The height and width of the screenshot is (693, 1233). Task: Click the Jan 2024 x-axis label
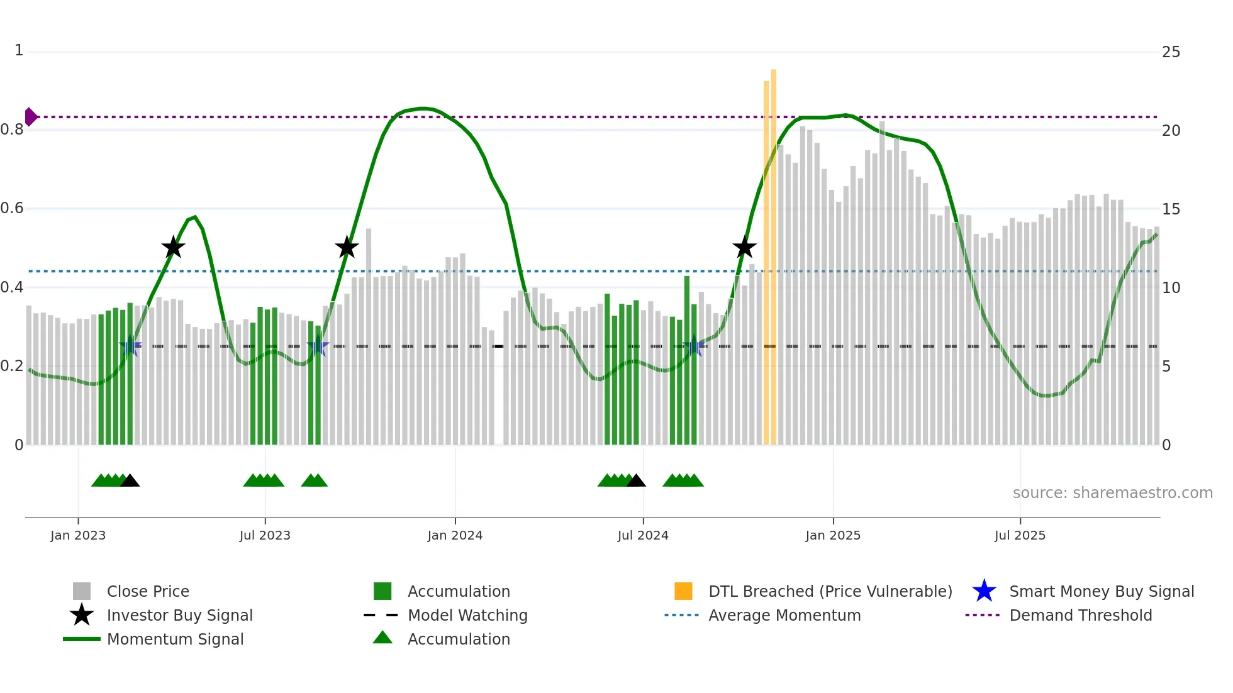point(455,535)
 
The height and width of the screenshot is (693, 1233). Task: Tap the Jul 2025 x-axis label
point(1020,535)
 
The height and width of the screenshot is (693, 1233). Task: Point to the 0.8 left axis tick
point(12,130)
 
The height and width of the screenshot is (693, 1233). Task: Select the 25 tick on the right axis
point(1171,52)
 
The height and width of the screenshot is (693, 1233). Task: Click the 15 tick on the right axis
point(1171,209)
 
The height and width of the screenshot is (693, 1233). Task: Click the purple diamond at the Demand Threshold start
point(30,117)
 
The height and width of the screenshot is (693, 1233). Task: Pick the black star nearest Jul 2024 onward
point(744,247)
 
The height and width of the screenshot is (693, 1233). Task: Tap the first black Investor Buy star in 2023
point(173,247)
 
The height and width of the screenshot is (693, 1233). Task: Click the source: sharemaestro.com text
point(1112,492)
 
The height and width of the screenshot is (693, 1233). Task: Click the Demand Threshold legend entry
point(1080,615)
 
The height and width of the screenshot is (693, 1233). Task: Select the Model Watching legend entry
point(467,615)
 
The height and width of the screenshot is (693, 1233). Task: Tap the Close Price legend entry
point(147,591)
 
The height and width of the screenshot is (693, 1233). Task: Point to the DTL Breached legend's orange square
point(683,591)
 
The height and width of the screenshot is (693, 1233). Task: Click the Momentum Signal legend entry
point(175,639)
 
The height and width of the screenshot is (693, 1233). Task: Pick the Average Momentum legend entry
point(784,615)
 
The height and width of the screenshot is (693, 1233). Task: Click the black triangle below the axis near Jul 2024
point(636,481)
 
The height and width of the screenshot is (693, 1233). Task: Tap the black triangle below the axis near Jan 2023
point(130,481)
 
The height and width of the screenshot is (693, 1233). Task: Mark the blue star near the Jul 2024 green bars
point(694,346)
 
